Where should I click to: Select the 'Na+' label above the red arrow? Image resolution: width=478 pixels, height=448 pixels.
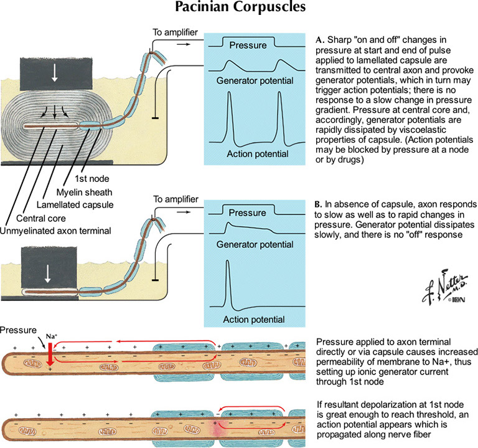(50, 336)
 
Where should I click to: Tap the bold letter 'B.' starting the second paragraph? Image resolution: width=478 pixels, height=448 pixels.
(321, 204)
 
